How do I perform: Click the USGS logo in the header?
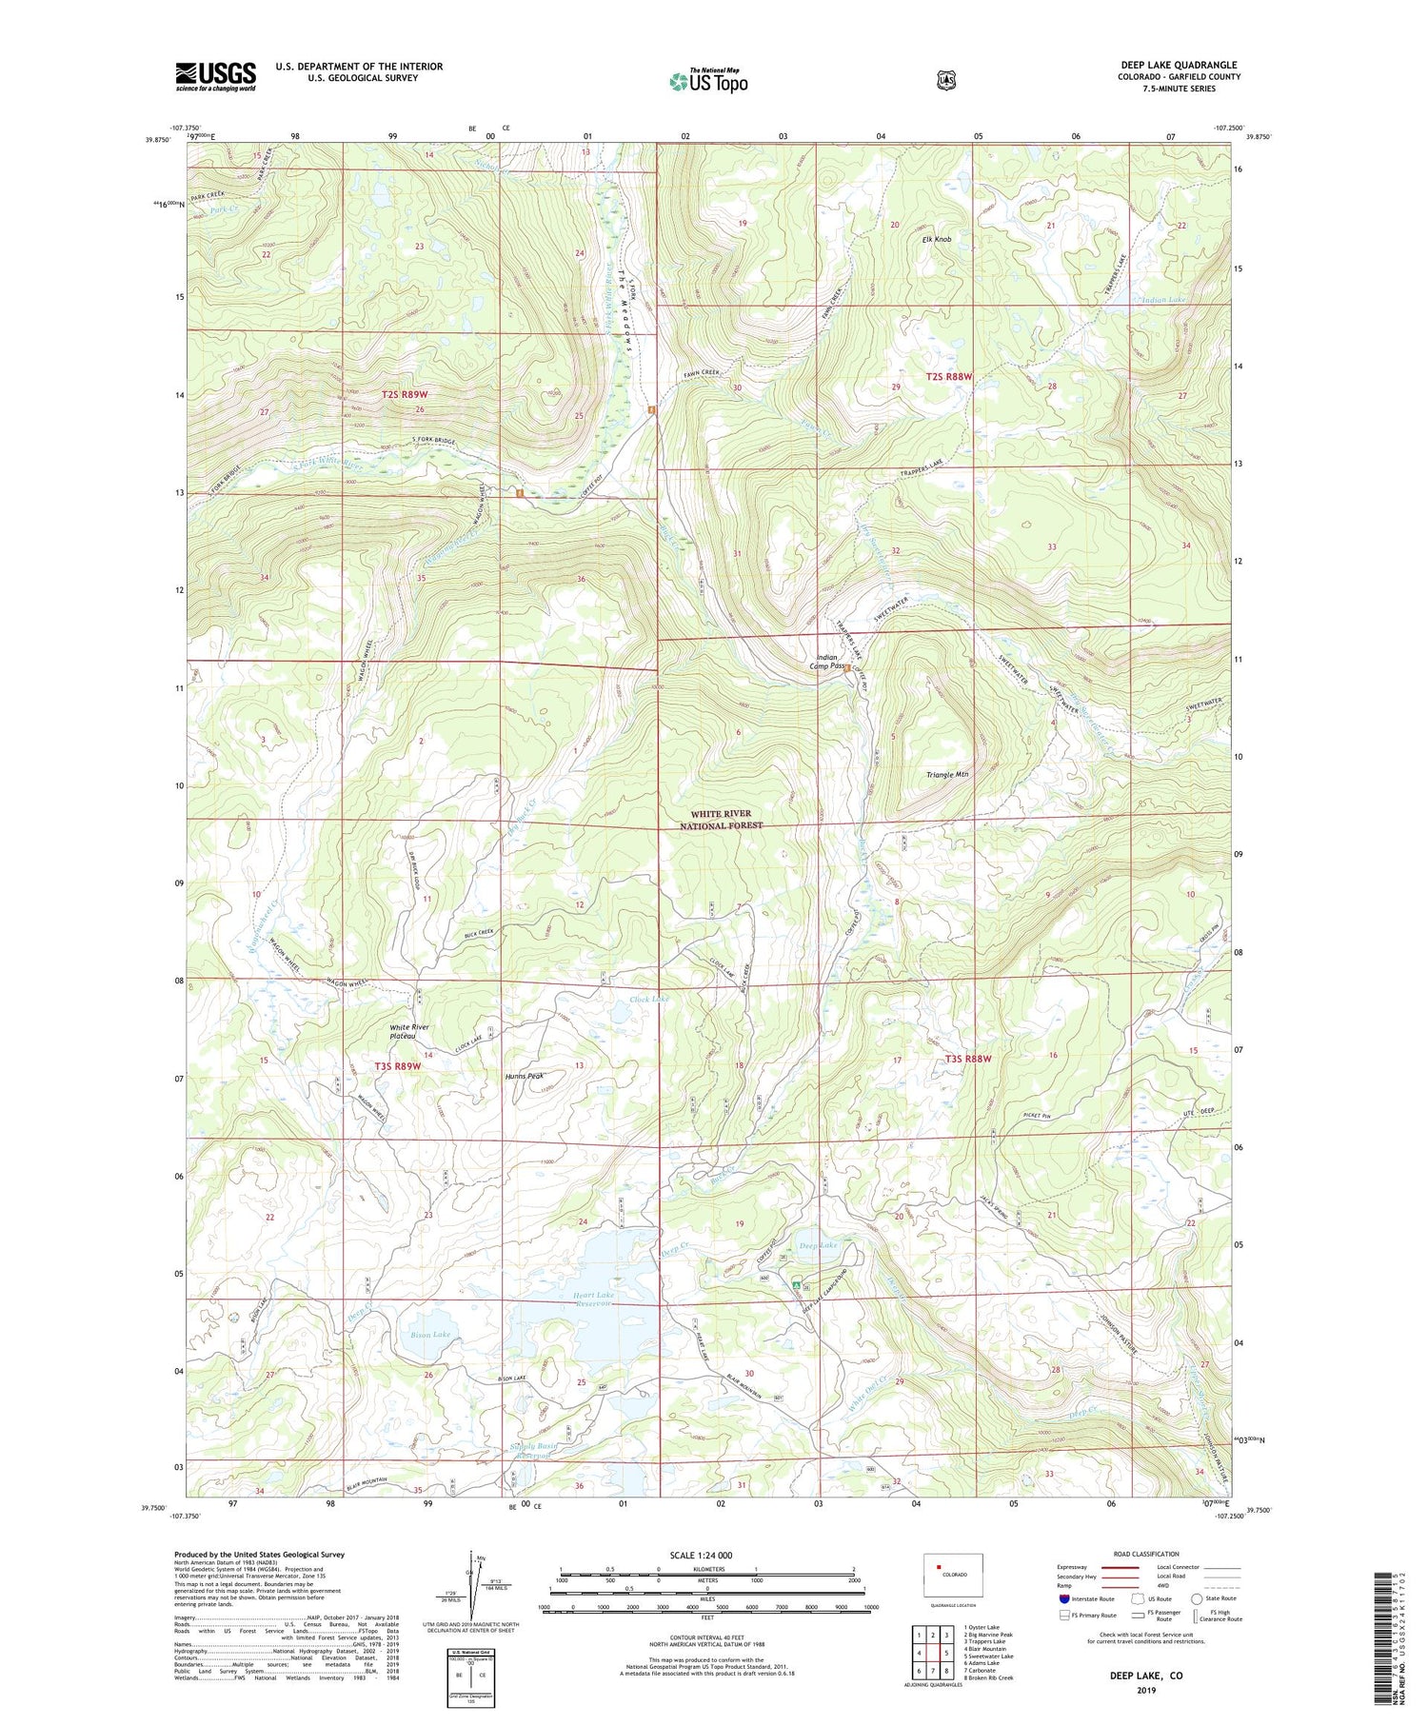pos(215,76)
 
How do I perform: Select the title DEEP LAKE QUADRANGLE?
pos(1179,65)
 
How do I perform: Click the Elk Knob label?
pos(936,240)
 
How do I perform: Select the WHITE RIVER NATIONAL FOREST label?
pos(721,820)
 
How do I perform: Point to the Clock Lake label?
pos(649,999)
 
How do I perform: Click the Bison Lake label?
pos(430,1335)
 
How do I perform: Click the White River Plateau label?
pos(408,1032)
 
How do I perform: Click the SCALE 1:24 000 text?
pos(706,1555)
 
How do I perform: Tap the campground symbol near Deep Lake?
pos(796,1284)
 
